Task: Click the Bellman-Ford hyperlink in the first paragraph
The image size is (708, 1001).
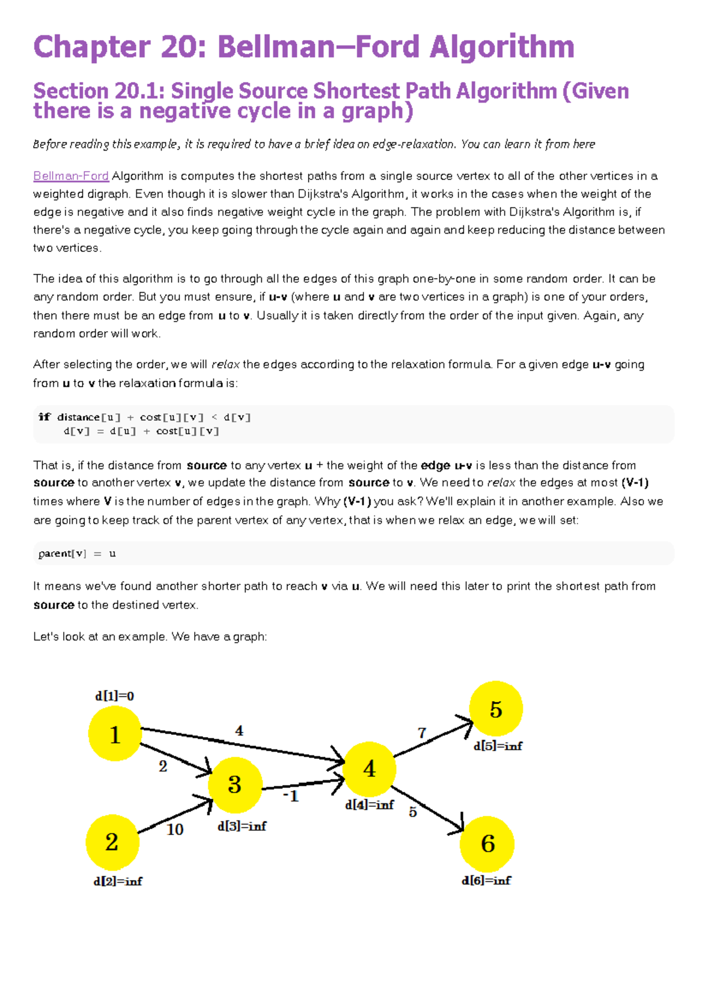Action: pyautogui.click(x=71, y=176)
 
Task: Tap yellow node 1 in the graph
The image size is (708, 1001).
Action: pyautogui.click(x=115, y=734)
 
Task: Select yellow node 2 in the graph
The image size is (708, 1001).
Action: pyautogui.click(x=112, y=842)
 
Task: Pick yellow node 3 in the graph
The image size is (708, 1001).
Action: pyautogui.click(x=235, y=784)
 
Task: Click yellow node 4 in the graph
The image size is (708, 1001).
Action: pyautogui.click(x=369, y=768)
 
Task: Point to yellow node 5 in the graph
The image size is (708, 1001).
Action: pyautogui.click(x=496, y=709)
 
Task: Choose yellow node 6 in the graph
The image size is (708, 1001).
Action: pyautogui.click(x=487, y=843)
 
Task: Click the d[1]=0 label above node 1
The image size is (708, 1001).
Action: pyautogui.click(x=114, y=696)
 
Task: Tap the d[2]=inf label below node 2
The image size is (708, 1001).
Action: pyautogui.click(x=117, y=881)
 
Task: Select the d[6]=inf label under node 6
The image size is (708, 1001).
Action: pyautogui.click(x=486, y=881)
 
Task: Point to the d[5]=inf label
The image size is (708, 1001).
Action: pyautogui.click(x=497, y=746)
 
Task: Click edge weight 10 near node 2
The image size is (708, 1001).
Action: pyautogui.click(x=175, y=829)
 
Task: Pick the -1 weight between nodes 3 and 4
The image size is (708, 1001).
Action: pyautogui.click(x=291, y=796)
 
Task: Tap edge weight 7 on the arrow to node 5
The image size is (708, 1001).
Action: pyautogui.click(x=422, y=732)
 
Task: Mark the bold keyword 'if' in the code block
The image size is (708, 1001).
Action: pyautogui.click(x=44, y=417)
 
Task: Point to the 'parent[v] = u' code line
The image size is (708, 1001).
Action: pyautogui.click(x=77, y=554)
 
